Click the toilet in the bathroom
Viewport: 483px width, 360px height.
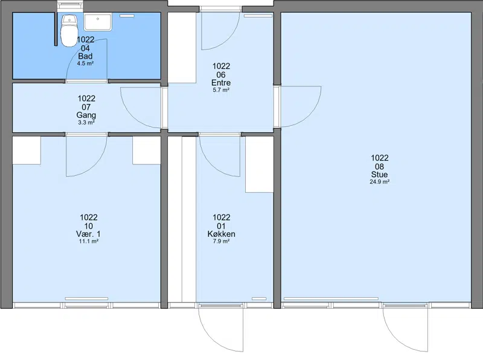click(x=69, y=30)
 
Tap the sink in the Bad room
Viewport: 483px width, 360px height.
click(x=98, y=22)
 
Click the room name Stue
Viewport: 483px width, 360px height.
click(x=380, y=175)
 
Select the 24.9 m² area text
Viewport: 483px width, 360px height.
click(x=380, y=182)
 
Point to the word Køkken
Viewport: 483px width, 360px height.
click(x=221, y=234)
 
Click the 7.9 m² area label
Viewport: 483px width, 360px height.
click(x=221, y=242)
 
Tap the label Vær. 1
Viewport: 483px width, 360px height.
click(x=88, y=234)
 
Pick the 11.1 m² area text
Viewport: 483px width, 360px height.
click(x=88, y=242)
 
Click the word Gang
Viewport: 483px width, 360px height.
click(x=86, y=115)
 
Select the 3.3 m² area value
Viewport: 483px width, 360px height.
click(x=86, y=123)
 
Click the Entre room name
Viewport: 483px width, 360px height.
click(x=221, y=83)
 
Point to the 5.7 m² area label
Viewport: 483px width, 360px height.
click(x=221, y=90)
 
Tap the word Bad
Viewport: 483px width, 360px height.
click(x=85, y=56)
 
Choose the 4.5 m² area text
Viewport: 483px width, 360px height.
click(x=85, y=63)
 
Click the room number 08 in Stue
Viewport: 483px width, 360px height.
click(x=380, y=167)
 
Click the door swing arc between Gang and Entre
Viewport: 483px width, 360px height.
click(x=132, y=116)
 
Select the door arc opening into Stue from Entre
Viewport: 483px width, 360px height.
click(x=309, y=115)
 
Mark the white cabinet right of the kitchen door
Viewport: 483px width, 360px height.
click(x=260, y=164)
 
